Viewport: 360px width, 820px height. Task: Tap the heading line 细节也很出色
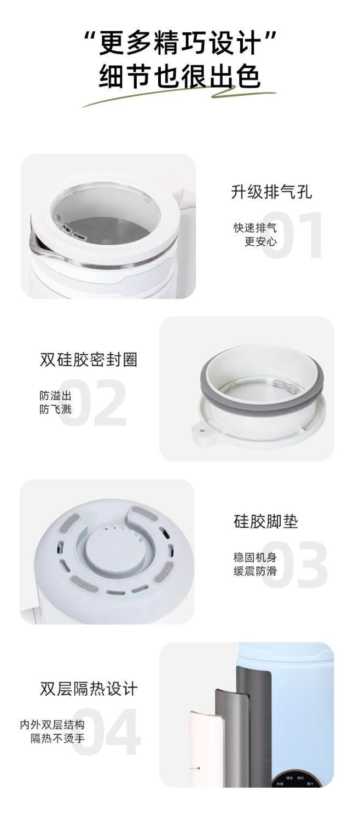(x=180, y=77)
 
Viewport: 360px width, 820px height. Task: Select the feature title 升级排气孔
(x=271, y=192)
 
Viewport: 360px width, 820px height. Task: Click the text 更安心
(x=260, y=241)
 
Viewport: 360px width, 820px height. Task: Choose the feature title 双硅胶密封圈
(x=89, y=360)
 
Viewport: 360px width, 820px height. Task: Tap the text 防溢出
(x=55, y=395)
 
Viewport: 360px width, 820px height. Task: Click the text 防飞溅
(x=55, y=409)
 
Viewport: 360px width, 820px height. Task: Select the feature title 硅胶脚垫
(x=266, y=522)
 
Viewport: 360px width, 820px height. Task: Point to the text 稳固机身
(x=255, y=557)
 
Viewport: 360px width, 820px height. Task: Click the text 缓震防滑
(x=255, y=571)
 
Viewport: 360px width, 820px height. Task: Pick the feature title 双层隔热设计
(x=89, y=688)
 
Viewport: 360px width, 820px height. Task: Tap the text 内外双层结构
(x=53, y=725)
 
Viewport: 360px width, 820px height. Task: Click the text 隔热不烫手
(x=57, y=738)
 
